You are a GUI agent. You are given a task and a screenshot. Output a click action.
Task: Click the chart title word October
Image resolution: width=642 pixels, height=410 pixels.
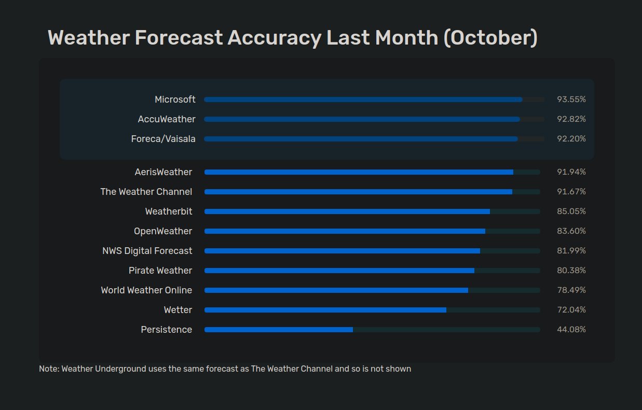(490, 38)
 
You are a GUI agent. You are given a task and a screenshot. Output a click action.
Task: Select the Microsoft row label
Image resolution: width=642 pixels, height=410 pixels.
(175, 100)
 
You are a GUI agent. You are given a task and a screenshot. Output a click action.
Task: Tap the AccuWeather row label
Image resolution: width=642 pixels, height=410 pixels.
(167, 119)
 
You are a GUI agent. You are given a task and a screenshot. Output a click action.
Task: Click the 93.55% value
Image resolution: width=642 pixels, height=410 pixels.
(571, 100)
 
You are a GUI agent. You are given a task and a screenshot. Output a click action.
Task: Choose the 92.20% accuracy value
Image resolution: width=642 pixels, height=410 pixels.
(571, 139)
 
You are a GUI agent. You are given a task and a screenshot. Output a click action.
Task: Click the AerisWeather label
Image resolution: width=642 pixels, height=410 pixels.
(163, 172)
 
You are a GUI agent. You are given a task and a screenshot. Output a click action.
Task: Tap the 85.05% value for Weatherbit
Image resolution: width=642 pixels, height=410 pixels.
(571, 211)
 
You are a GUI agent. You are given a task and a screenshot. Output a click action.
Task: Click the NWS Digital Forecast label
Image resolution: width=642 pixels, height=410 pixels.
(147, 251)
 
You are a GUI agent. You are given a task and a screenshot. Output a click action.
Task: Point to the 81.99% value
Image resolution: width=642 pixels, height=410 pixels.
(571, 251)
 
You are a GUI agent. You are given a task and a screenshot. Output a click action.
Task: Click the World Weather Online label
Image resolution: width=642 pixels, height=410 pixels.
(146, 290)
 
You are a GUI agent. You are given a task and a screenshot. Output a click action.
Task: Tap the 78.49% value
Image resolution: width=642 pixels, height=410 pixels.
(571, 290)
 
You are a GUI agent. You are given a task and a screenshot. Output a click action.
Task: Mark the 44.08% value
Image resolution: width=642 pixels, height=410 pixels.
(571, 330)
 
